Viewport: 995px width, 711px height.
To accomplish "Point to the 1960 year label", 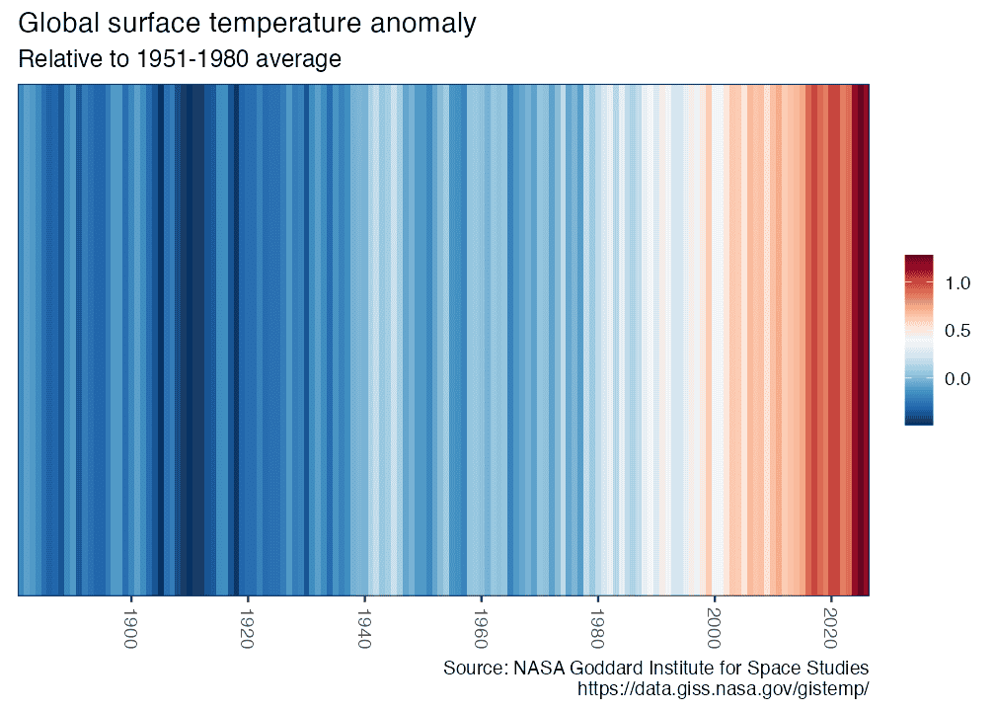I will tap(481, 627).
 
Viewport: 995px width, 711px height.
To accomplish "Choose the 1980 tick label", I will tap(597, 627).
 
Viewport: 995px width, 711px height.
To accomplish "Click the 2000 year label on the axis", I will tap(714, 627).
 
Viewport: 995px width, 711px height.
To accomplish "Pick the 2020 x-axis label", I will tap(830, 627).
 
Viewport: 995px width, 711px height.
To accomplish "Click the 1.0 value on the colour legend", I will tap(957, 283).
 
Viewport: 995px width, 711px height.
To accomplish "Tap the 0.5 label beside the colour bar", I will tap(957, 331).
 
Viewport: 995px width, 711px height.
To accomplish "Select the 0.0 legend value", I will tap(957, 378).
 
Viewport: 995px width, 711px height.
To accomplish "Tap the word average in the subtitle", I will tap(299, 59).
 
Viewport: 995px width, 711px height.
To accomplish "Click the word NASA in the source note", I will tap(538, 669).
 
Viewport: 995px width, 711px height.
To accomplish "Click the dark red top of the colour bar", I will tap(918, 260).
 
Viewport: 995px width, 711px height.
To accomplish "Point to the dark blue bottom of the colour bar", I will tap(918, 420).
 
